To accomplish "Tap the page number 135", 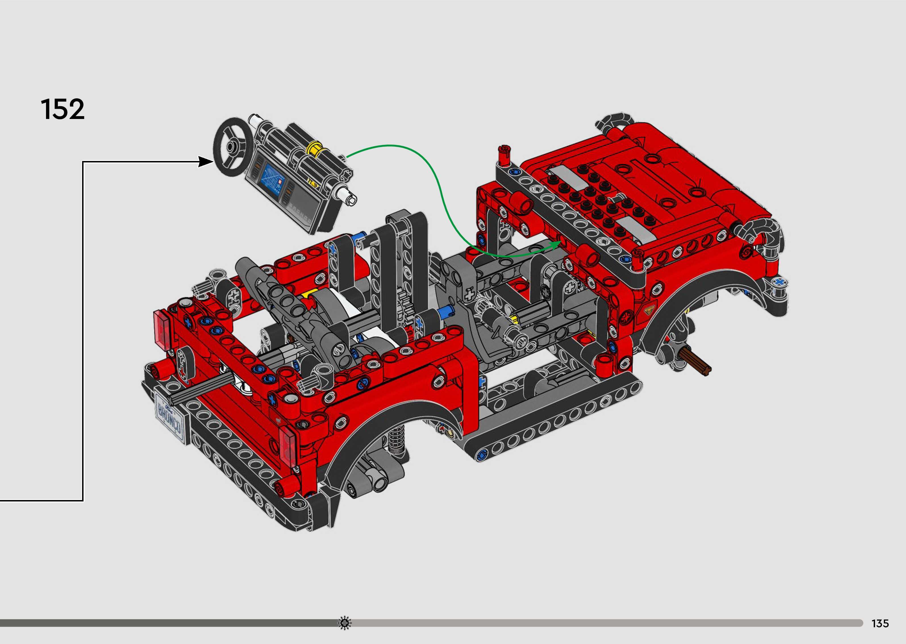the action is pyautogui.click(x=880, y=623).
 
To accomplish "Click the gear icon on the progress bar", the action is pyautogui.click(x=345, y=623).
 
